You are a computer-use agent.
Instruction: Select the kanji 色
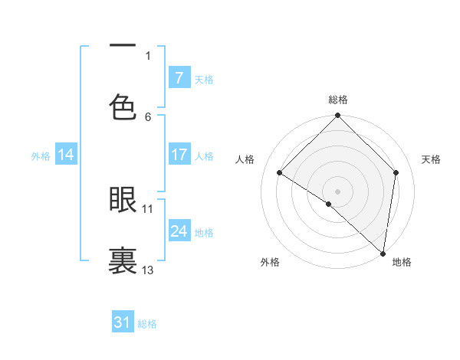(123, 106)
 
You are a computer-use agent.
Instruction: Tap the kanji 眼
(123, 199)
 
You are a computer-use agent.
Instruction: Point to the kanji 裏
(123, 259)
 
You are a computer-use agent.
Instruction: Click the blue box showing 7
(179, 77)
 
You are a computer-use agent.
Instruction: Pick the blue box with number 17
(179, 155)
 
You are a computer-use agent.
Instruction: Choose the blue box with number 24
(179, 231)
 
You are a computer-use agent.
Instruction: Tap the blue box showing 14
(66, 155)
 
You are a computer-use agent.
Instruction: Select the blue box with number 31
(123, 322)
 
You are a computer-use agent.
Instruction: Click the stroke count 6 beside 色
(148, 116)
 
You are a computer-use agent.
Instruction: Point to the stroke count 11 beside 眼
(148, 208)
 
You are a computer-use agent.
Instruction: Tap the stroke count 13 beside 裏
(148, 270)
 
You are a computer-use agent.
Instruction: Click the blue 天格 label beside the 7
(204, 79)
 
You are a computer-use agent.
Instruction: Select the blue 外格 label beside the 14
(41, 156)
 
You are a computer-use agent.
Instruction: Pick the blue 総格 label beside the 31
(147, 324)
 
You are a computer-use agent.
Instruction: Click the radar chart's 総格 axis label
(338, 100)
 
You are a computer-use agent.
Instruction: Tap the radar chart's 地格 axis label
(402, 262)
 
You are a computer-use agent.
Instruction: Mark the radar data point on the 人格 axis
(280, 172)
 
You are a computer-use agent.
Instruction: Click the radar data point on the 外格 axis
(329, 204)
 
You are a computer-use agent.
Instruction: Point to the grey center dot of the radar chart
(338, 191)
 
